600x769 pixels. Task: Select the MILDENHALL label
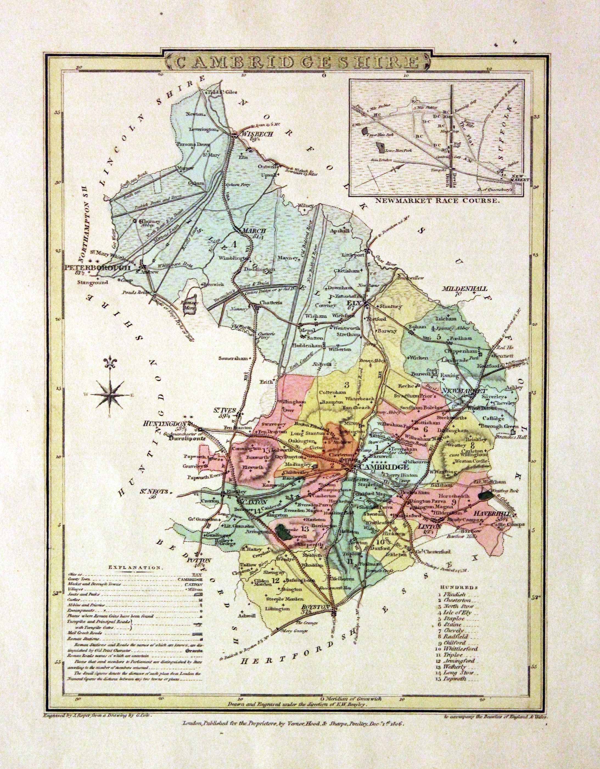click(465, 288)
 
